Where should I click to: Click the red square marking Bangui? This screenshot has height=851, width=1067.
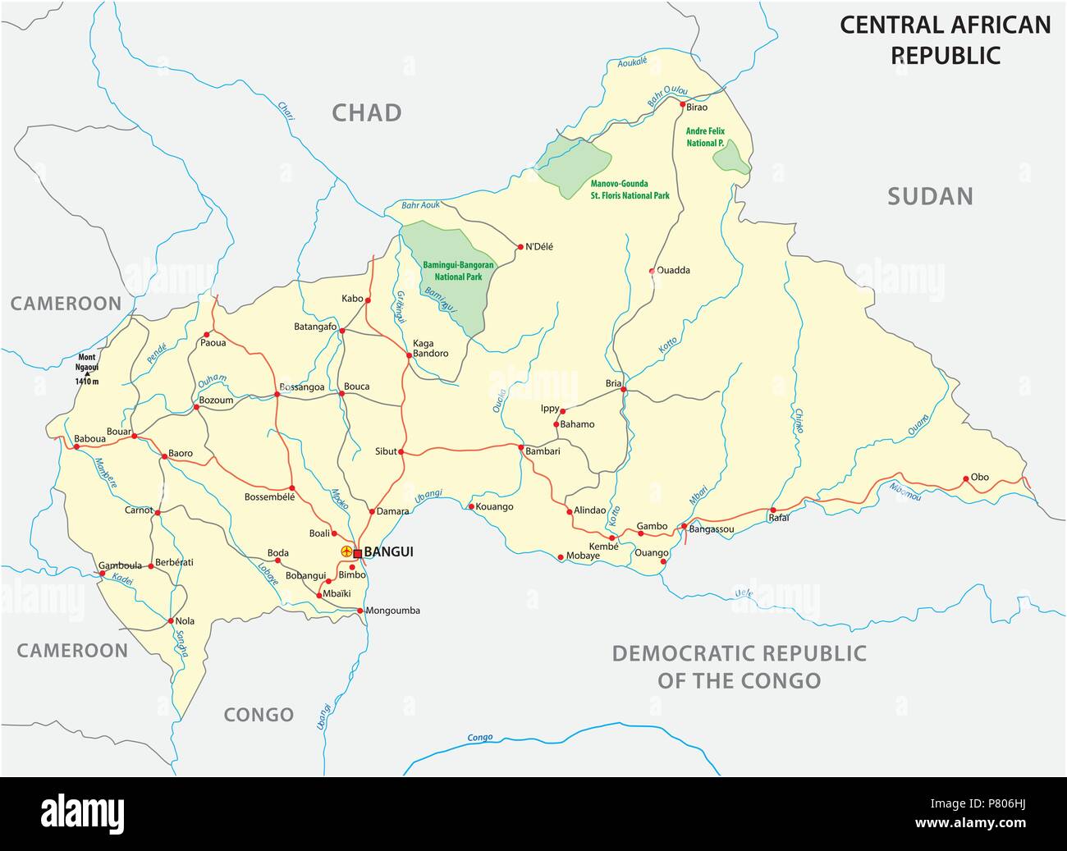click(x=358, y=553)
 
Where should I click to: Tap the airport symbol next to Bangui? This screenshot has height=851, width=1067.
click(x=346, y=551)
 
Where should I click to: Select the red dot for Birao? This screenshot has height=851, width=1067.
click(x=683, y=105)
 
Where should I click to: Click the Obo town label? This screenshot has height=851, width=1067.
click(x=980, y=477)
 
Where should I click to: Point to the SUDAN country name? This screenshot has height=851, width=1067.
click(x=930, y=196)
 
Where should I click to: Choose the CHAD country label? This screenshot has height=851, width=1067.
click(x=367, y=112)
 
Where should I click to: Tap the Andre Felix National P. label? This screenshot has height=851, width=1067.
click(x=705, y=136)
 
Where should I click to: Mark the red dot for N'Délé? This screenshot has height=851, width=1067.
click(x=520, y=246)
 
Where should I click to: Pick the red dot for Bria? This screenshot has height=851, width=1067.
click(x=624, y=390)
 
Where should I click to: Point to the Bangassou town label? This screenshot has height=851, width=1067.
click(x=712, y=529)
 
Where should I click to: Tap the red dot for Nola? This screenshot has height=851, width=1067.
click(x=170, y=621)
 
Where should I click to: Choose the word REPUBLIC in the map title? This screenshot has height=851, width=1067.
click(x=946, y=55)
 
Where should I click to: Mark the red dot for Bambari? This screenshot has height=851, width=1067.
click(x=520, y=447)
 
